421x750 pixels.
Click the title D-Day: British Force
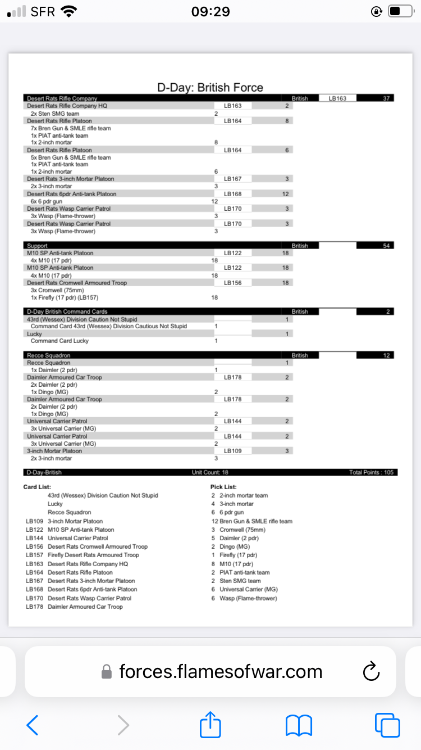click(210, 87)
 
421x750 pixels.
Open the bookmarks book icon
click(299, 725)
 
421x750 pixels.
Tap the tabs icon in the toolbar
click(387, 725)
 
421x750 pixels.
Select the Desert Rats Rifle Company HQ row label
click(67, 106)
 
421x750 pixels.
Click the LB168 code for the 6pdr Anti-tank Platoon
click(232, 194)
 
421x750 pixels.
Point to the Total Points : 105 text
click(371, 472)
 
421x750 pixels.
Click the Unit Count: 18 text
click(210, 472)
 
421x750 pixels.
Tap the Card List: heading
click(37, 487)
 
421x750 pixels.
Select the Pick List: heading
click(224, 487)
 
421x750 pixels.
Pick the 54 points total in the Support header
click(386, 246)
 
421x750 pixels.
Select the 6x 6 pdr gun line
click(47, 201)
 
